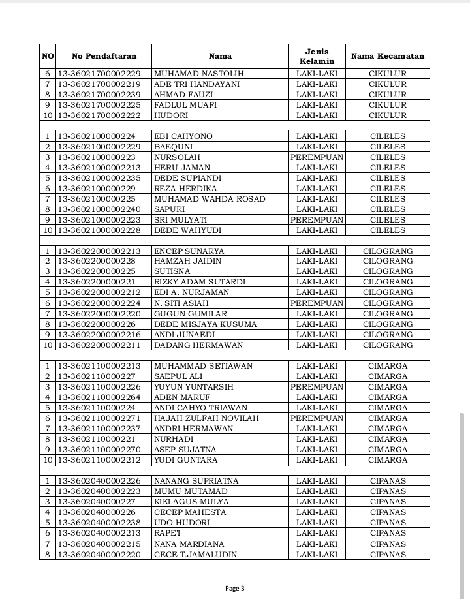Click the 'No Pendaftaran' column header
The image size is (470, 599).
point(104,56)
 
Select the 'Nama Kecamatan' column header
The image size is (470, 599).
point(387,56)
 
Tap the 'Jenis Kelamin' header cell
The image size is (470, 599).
point(317,56)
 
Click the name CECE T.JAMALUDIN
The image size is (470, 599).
point(195,555)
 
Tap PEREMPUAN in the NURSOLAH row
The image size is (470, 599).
point(317,157)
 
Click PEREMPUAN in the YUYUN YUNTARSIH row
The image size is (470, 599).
point(317,387)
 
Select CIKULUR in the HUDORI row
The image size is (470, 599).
point(387,115)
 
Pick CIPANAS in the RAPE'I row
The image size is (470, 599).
point(388,534)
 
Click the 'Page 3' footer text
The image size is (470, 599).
point(235,588)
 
